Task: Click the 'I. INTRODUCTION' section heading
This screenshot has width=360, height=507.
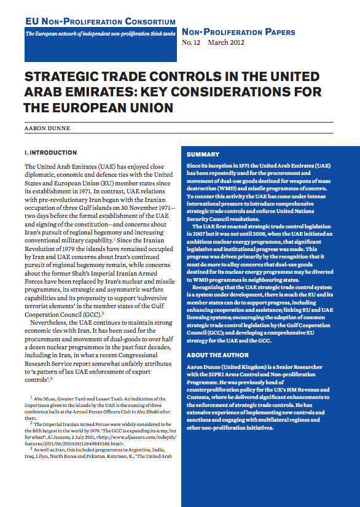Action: click(50, 152)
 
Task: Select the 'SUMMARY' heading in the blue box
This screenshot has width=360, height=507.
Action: click(203, 155)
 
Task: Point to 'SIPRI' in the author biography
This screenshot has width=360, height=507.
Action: click(215, 374)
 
